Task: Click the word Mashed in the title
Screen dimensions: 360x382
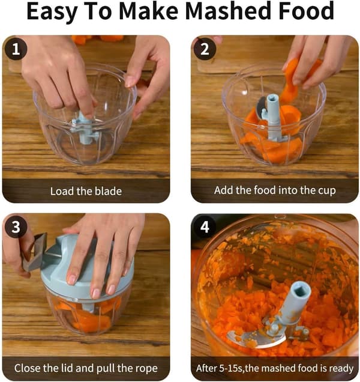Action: (229, 11)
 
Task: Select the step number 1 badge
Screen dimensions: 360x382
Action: (16, 49)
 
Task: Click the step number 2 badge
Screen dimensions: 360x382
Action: (205, 49)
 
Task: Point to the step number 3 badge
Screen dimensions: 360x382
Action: (16, 227)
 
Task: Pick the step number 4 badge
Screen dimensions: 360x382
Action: (205, 227)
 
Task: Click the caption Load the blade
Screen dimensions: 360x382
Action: (86, 191)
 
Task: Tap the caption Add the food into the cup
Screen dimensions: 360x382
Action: (275, 190)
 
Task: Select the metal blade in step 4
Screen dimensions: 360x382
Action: (256, 338)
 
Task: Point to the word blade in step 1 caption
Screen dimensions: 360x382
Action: (108, 191)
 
